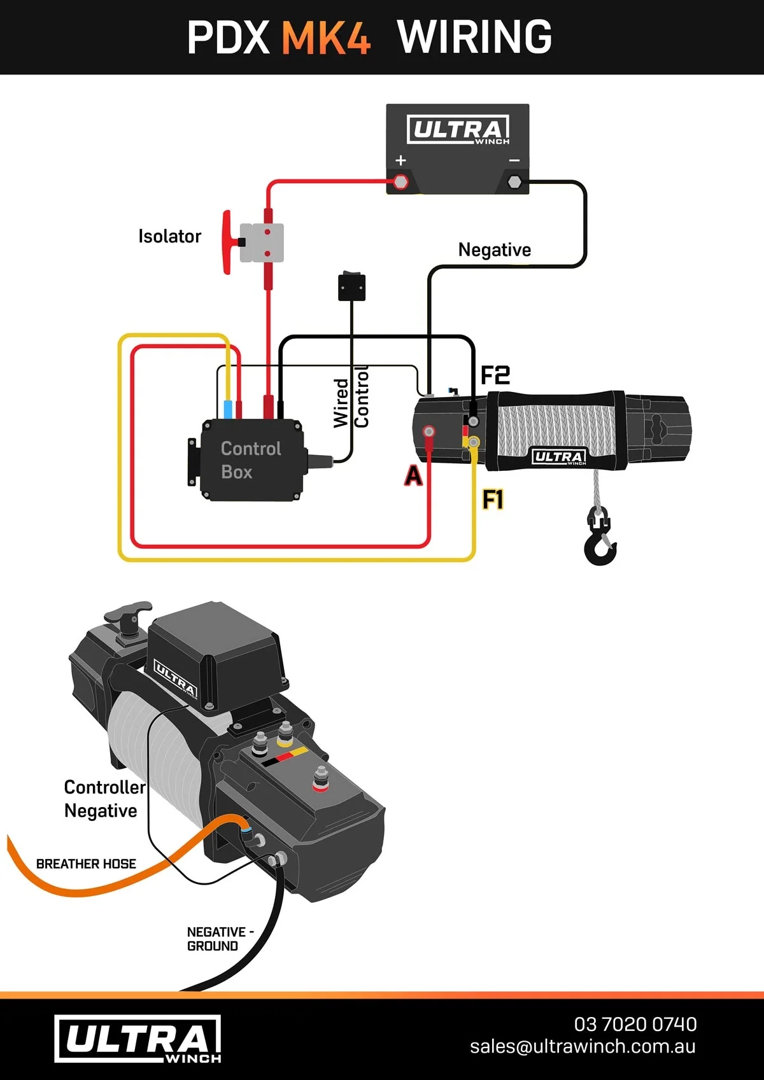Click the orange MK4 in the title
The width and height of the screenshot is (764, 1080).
point(325,38)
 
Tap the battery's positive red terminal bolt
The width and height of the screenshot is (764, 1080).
point(400,182)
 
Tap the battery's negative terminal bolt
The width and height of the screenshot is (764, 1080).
point(514,183)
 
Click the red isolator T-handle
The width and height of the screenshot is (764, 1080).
point(227,242)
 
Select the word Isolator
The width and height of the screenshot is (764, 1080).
point(169,237)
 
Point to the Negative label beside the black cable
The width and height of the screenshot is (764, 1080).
point(494,249)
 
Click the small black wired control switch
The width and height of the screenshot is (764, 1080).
point(351,286)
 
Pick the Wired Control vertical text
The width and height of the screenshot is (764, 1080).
point(351,398)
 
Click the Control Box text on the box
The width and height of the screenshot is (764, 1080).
point(250,460)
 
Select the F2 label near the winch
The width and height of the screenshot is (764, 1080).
point(495,375)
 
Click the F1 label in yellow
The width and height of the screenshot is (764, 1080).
point(493,500)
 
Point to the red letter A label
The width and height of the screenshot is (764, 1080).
point(413,475)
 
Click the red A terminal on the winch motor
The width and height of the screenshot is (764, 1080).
point(429,432)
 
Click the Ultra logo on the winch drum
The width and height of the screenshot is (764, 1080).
point(558,456)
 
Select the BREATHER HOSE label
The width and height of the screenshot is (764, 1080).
point(86,864)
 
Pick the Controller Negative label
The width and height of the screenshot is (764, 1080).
point(103,799)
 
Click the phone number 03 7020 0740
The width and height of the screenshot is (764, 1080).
point(635,1024)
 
